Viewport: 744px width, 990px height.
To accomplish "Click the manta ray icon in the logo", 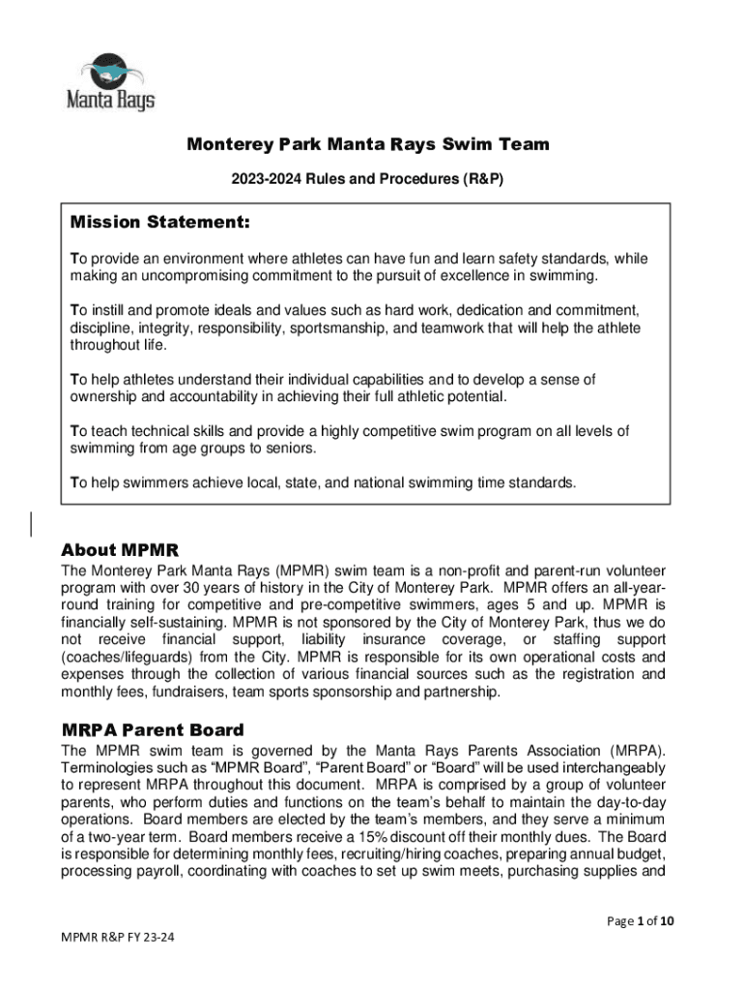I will pyautogui.click(x=109, y=71).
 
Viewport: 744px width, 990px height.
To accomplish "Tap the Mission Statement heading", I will pyautogui.click(x=160, y=223).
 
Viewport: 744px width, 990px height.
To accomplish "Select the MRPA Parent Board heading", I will pyautogui.click(x=153, y=730).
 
